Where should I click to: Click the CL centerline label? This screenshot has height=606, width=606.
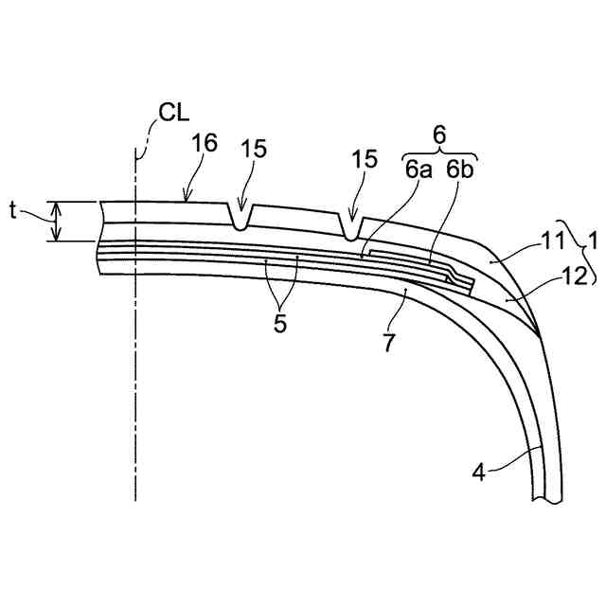pyautogui.click(x=173, y=114)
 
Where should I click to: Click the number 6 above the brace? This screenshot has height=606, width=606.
pyautogui.click(x=438, y=134)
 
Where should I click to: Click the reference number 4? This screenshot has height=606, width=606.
pyautogui.click(x=480, y=471)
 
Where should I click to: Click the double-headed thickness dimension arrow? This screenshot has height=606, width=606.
pyautogui.click(x=55, y=222)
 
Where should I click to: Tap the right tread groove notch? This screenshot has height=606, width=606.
pyautogui.click(x=351, y=229)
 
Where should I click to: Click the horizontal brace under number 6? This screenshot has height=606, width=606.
pyautogui.click(x=438, y=152)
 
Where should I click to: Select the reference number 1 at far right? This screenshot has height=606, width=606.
pyautogui.click(x=593, y=241)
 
